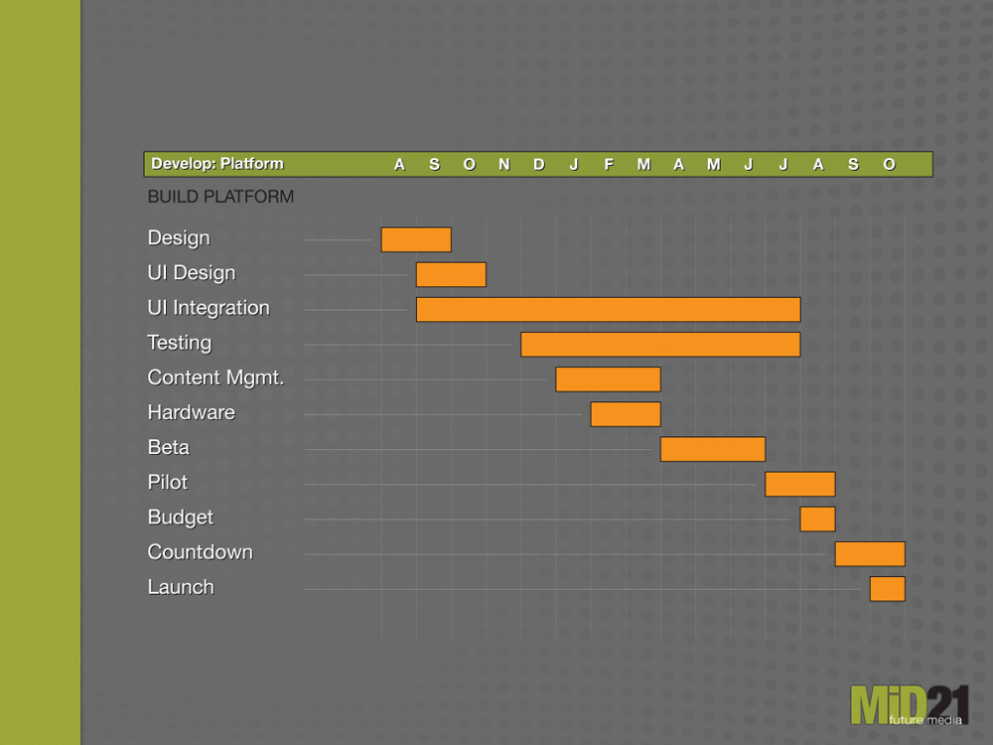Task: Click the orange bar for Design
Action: [416, 239]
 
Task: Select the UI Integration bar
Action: [608, 309]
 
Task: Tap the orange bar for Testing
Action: [660, 345]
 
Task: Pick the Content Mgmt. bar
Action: [608, 379]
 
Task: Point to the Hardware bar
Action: [626, 414]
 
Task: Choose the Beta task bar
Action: [713, 449]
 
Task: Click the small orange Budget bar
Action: [817, 519]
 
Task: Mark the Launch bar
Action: [887, 589]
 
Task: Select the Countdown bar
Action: [870, 553]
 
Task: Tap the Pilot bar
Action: [799, 484]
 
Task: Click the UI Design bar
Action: [451, 274]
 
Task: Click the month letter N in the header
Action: [504, 165]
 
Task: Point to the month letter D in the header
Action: [539, 165]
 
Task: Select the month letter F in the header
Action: [609, 165]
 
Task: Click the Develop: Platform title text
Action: [217, 164]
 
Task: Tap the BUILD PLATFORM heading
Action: [220, 197]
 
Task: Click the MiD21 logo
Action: [909, 704]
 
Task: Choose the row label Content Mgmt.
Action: [215, 377]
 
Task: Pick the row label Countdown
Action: [200, 552]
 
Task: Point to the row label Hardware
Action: [191, 412]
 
